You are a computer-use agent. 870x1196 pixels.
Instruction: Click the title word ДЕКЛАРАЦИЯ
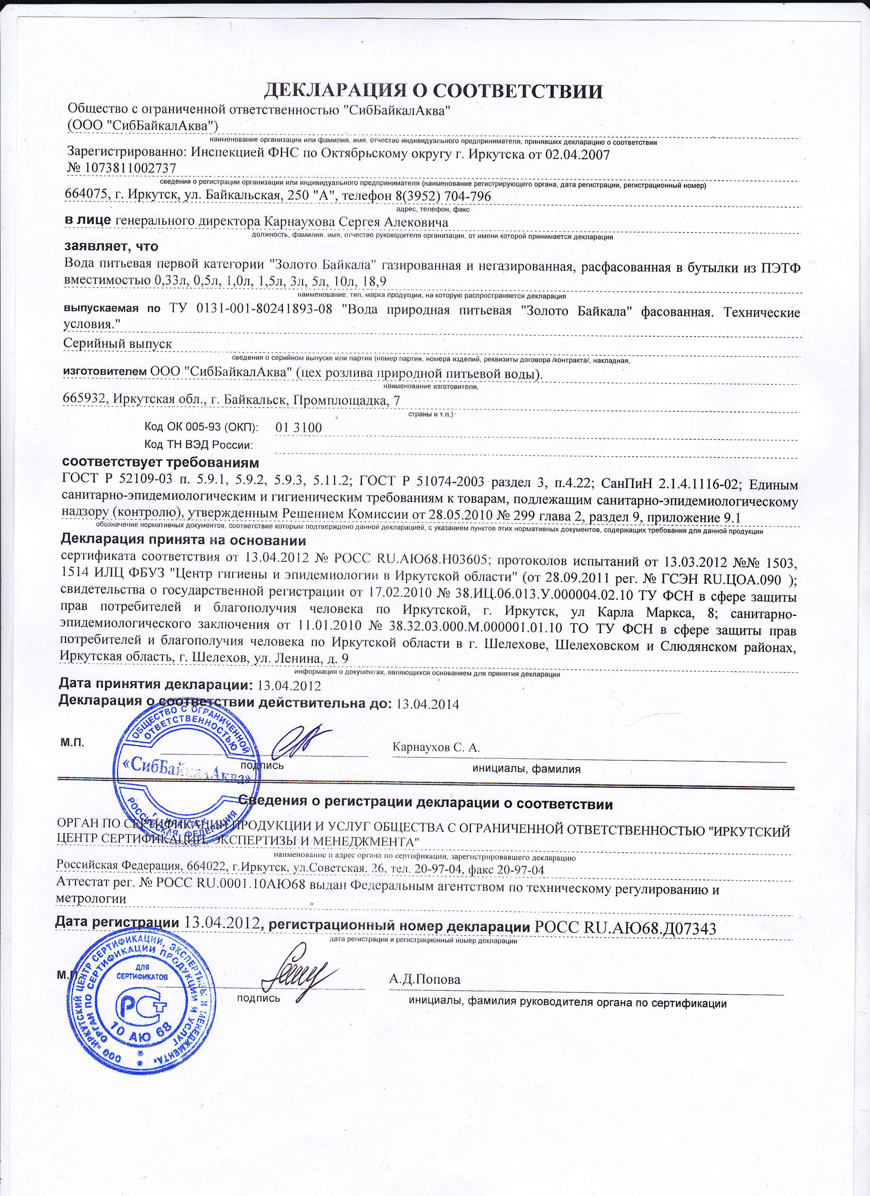coord(335,91)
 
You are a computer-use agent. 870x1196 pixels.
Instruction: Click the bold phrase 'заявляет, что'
coord(111,246)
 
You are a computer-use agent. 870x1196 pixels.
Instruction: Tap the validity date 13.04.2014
coord(427,704)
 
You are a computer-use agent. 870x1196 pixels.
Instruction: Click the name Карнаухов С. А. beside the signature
coord(436,748)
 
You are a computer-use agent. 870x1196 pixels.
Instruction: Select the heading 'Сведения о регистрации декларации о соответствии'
coord(426,804)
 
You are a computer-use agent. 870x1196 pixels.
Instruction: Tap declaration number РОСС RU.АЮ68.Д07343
coord(625,928)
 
